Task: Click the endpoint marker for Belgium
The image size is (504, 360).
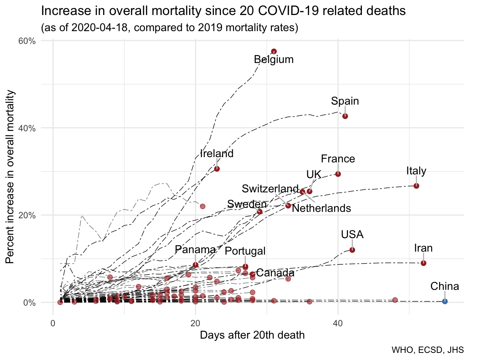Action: point(274,51)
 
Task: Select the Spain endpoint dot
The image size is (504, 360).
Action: point(345,116)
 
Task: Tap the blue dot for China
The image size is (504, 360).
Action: point(445,301)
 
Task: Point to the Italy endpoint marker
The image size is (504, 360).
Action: point(416,186)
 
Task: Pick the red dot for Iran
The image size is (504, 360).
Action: point(423,263)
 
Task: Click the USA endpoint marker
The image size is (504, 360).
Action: point(352,250)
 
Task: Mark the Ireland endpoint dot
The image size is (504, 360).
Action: point(217,169)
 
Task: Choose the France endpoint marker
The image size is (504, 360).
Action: point(338,174)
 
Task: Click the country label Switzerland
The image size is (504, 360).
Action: point(270,188)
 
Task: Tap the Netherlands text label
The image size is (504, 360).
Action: point(321,208)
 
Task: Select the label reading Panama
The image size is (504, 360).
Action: point(195,249)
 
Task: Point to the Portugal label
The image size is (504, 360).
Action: point(245,251)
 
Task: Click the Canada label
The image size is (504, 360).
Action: point(275,273)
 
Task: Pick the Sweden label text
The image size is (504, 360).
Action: point(247,204)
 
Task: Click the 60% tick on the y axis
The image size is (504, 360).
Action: point(27,41)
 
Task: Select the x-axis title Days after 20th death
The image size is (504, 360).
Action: point(252,335)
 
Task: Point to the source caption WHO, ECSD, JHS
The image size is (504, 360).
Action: point(427,350)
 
